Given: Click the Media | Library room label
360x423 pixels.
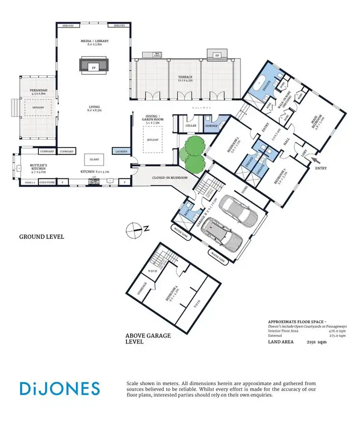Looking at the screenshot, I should point(95,41).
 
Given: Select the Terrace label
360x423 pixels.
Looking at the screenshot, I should point(185,77).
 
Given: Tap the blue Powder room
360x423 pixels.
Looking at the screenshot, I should point(212,126).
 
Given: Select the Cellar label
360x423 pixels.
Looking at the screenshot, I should point(191,126).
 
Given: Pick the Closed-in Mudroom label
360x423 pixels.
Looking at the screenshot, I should point(170,178).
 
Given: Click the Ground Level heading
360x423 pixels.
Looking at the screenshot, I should point(41,236).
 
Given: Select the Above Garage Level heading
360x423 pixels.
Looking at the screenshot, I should point(148,339).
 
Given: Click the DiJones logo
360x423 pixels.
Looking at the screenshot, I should point(60,388).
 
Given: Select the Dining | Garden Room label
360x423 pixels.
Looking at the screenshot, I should point(155,119).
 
